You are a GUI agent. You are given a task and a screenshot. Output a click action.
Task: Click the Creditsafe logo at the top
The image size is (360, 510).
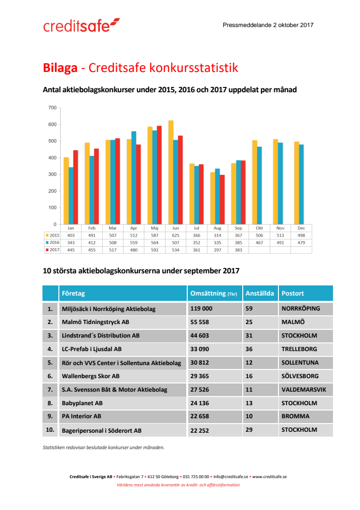tap(81, 25)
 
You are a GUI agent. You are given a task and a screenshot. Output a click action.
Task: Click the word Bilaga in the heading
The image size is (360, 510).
tap(60, 68)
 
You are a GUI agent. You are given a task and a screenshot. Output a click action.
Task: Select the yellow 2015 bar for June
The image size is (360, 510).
tap(170, 172)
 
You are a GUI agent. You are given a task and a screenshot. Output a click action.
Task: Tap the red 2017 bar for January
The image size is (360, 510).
tap(75, 187)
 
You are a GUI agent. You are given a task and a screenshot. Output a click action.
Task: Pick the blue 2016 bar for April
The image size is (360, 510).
tap(134, 178)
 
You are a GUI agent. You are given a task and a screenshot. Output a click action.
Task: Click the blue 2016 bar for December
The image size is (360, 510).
tap(302, 184)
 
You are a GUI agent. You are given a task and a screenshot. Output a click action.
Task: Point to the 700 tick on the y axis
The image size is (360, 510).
tap(53, 108)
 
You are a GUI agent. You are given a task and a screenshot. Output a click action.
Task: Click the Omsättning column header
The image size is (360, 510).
tap(211, 293)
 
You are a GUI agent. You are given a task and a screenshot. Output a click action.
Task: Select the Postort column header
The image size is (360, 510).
tap(293, 293)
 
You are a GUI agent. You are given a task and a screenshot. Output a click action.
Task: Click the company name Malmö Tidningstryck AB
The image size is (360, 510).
tap(95, 322)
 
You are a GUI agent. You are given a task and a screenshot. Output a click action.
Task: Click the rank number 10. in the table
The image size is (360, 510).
tap(50, 430)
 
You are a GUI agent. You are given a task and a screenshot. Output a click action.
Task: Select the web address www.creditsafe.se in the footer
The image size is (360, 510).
tap(269, 477)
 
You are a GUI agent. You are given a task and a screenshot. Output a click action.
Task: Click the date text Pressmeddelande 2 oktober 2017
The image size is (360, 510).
tap(268, 25)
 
